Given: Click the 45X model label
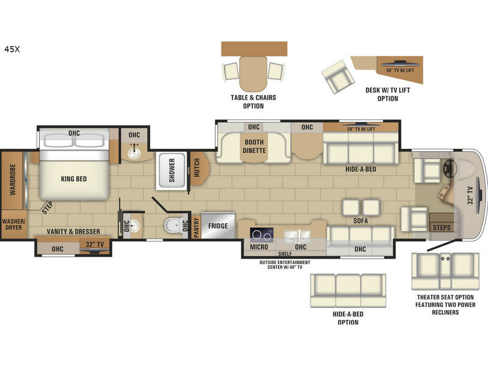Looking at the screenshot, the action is click(12, 49).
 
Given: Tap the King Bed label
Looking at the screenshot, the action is click(74, 179).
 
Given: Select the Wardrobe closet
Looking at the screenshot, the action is click(13, 180).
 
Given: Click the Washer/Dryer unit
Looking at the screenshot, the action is click(13, 224).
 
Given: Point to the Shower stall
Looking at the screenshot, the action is click(171, 171).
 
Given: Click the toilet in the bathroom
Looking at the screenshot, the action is click(172, 225).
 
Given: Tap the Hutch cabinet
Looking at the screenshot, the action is click(198, 168).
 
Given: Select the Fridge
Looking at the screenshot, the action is click(218, 226).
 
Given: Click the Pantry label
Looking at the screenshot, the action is click(196, 227).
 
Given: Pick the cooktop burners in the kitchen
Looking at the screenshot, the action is click(262, 235).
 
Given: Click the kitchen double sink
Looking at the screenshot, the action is click(296, 235).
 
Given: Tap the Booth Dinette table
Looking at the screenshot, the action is click(254, 147).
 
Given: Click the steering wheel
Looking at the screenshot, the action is click(449, 169).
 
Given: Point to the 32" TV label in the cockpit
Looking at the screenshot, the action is click(470, 195).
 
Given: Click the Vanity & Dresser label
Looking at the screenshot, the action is click(73, 232).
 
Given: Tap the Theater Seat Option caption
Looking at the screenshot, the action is click(445, 304).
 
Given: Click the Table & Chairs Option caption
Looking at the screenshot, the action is click(253, 102).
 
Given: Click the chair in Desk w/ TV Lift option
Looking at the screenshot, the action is click(338, 77).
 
